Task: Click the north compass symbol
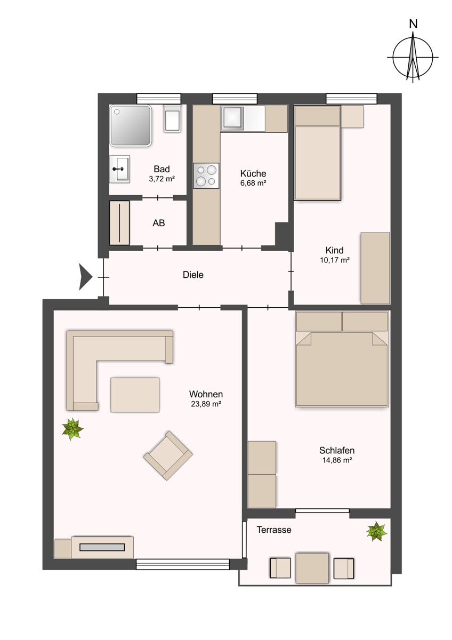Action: point(413,57)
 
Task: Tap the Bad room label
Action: point(162,170)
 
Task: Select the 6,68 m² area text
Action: point(253,183)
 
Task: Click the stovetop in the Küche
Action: point(206,175)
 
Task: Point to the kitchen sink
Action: point(233,117)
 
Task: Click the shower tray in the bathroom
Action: point(131,125)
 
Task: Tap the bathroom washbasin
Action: point(119,169)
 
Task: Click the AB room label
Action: point(159,223)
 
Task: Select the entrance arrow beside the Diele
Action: point(85,277)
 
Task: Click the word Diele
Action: point(193,275)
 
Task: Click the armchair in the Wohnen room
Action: point(168,455)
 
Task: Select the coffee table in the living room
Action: point(135,395)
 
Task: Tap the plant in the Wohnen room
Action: point(72,428)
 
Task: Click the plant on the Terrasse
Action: point(377,531)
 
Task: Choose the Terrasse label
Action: point(274,530)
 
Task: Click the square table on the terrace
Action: point(312,568)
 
